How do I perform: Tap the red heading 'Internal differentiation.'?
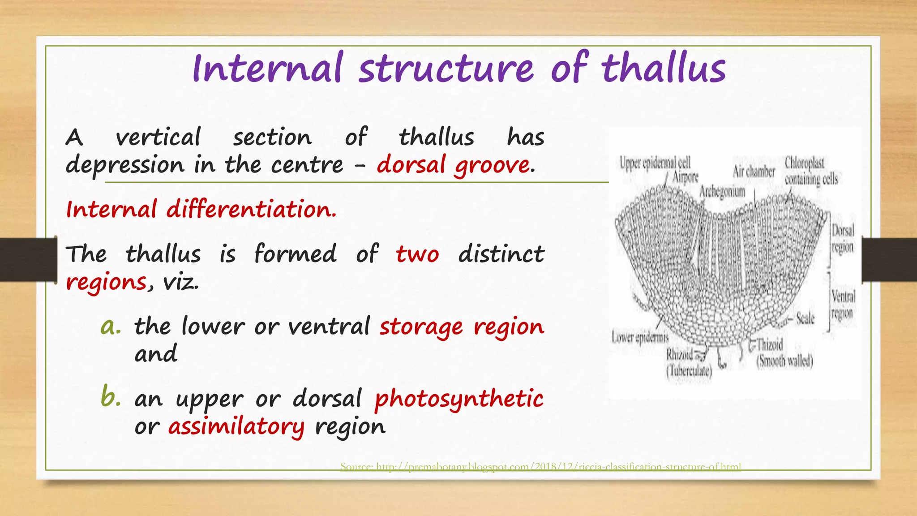pos(201,209)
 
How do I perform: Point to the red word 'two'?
pos(417,254)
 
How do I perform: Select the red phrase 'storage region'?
pos(462,327)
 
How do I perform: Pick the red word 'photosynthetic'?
pos(459,399)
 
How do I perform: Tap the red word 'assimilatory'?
pos(236,426)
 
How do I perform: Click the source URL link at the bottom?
pos(540,467)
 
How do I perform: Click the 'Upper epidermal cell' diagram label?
pos(655,163)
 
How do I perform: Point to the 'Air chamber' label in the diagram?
pos(754,171)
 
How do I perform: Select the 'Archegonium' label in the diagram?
pos(722,191)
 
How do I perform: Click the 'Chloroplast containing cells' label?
pos(810,171)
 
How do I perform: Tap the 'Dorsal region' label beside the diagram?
pos(843,239)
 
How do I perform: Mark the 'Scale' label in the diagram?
pos(805,318)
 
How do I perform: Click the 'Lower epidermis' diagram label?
pos(639,337)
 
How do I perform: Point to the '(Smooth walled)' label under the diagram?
pos(784,361)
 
